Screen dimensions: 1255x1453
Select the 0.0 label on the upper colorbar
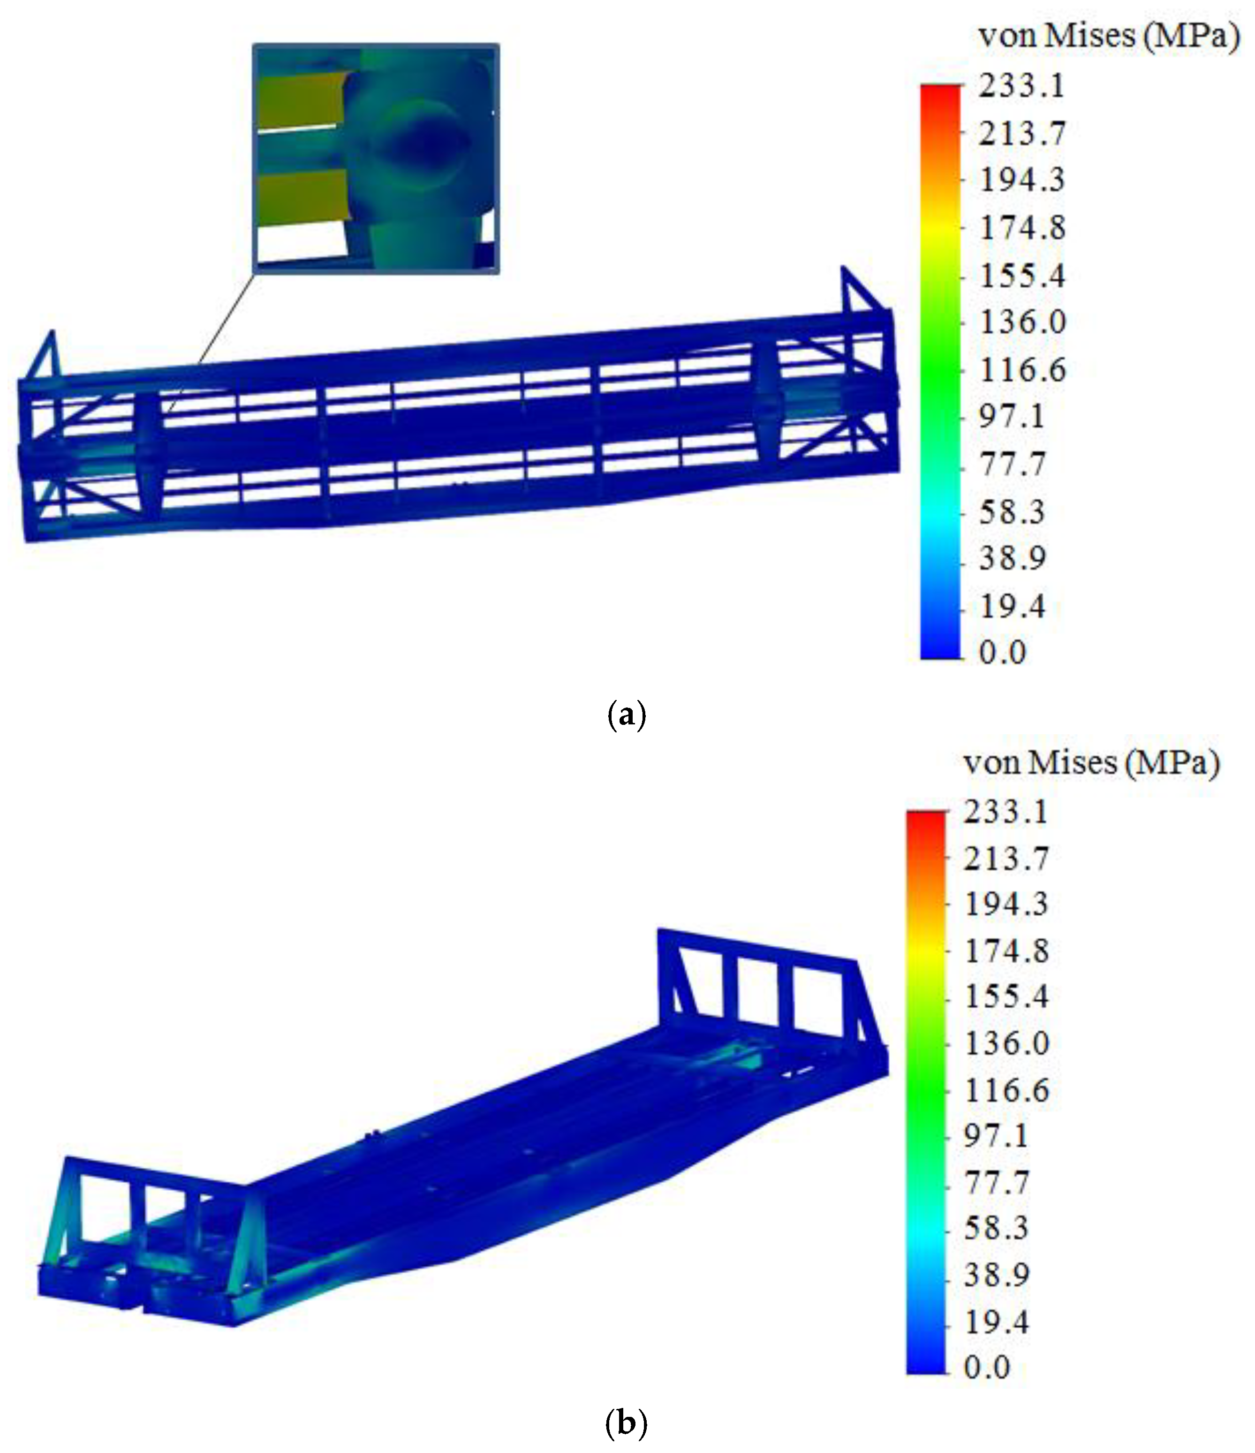pos(1003,652)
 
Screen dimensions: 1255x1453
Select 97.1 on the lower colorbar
pos(996,1136)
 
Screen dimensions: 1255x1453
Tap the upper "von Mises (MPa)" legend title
pos(1109,35)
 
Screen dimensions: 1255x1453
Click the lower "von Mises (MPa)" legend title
pos(1092,762)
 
